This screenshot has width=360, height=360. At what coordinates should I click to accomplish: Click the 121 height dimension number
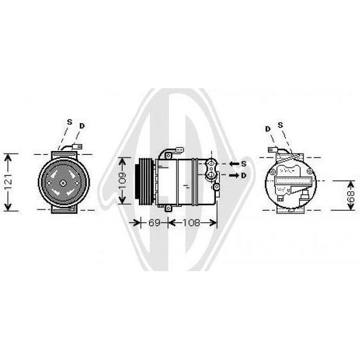point(8,182)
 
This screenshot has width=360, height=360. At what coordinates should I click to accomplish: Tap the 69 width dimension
point(154,222)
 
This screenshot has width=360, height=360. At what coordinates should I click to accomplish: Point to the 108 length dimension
point(191,222)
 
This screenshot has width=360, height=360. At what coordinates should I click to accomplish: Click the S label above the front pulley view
point(69,122)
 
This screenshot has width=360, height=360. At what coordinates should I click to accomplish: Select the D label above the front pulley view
point(82,126)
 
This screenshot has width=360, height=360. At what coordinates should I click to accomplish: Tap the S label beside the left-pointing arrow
point(244,164)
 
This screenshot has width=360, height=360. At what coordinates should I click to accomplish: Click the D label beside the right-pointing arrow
point(244,175)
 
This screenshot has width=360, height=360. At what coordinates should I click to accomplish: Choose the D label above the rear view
point(268,129)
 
